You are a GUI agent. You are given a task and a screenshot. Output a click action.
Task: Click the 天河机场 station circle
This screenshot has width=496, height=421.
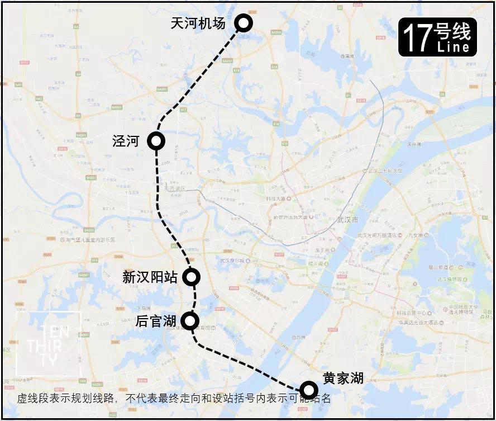point(244,23)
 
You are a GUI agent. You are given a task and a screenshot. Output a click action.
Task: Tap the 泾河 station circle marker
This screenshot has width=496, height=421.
point(156,141)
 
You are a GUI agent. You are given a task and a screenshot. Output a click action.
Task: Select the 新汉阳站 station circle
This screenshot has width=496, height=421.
point(192,276)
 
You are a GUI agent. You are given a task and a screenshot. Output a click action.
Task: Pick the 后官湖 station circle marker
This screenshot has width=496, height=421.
point(190,320)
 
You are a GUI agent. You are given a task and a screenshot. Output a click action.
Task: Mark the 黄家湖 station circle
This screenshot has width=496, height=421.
point(308,390)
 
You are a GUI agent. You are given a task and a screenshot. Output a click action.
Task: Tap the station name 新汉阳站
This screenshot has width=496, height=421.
point(150,277)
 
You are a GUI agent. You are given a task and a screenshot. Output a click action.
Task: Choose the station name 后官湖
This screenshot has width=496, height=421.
point(156,321)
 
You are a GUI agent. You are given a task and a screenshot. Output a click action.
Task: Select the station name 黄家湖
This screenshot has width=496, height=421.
point(343,378)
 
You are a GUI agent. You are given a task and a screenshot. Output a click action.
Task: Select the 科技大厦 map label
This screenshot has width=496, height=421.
point(276,198)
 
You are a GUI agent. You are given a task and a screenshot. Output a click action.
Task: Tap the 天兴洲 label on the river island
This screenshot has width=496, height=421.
point(414,144)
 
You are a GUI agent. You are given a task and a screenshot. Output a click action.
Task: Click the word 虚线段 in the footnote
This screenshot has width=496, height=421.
point(30,399)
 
